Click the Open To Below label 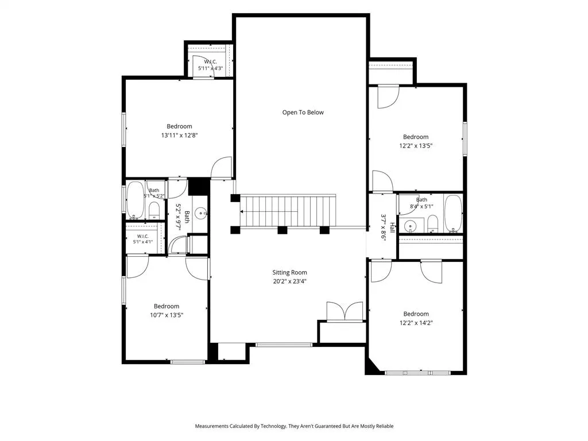pyautogui.click(x=303, y=113)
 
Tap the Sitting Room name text pyautogui.click(x=289, y=273)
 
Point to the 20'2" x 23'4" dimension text pyautogui.click(x=289, y=281)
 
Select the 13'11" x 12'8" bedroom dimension pyautogui.click(x=179, y=136)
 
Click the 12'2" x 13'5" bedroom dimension pyautogui.click(x=416, y=146)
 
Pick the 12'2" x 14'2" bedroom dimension pyautogui.click(x=416, y=323)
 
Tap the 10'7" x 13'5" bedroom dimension pyautogui.click(x=167, y=315)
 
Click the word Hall pyautogui.click(x=392, y=227)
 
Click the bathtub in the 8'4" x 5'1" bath pyautogui.click(x=454, y=213)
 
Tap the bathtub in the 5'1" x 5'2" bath pyautogui.click(x=134, y=200)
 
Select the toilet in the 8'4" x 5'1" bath pyautogui.click(x=433, y=223)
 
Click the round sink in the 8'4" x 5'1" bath pyautogui.click(x=411, y=226)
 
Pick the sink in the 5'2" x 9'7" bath pyautogui.click(x=202, y=214)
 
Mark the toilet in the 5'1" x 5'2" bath pyautogui.click(x=154, y=210)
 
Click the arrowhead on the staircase pyautogui.click(x=242, y=211)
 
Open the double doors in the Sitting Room pyautogui.click(x=345, y=311)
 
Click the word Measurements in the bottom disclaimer pyautogui.click(x=211, y=426)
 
